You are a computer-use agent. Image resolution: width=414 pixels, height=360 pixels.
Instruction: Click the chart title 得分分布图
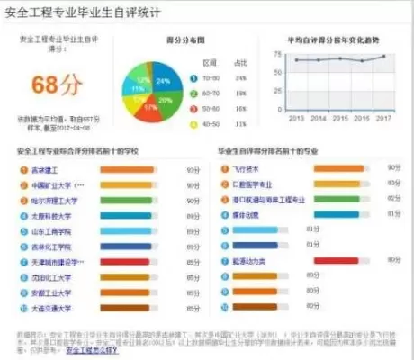pos(162,40)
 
